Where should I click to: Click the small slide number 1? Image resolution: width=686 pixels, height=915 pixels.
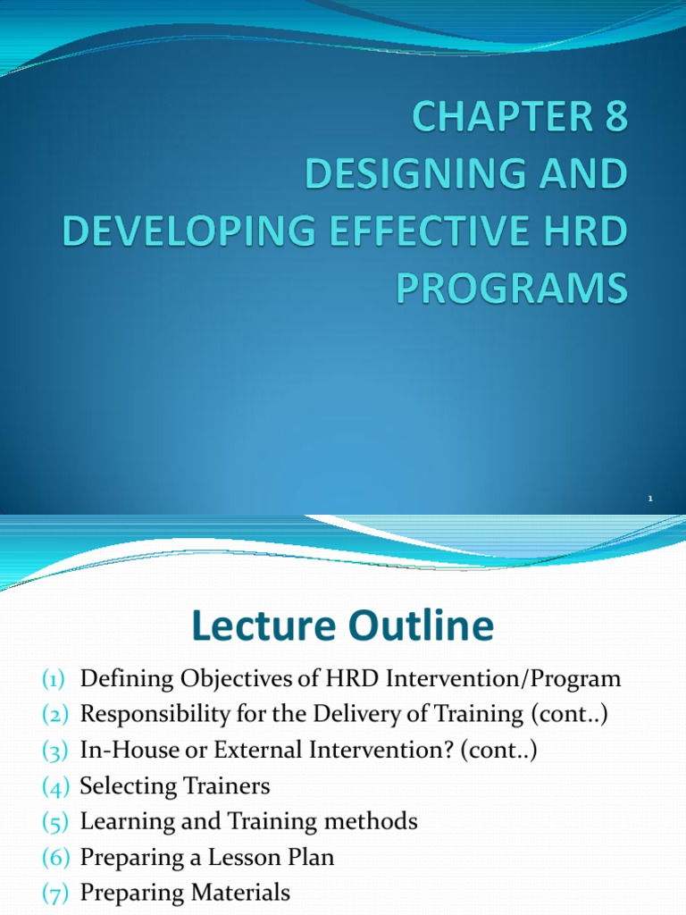pyautogui.click(x=651, y=498)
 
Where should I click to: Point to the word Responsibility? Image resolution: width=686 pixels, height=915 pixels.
pyautogui.click(x=154, y=715)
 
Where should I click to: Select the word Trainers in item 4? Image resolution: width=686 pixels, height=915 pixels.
pyautogui.click(x=227, y=786)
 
